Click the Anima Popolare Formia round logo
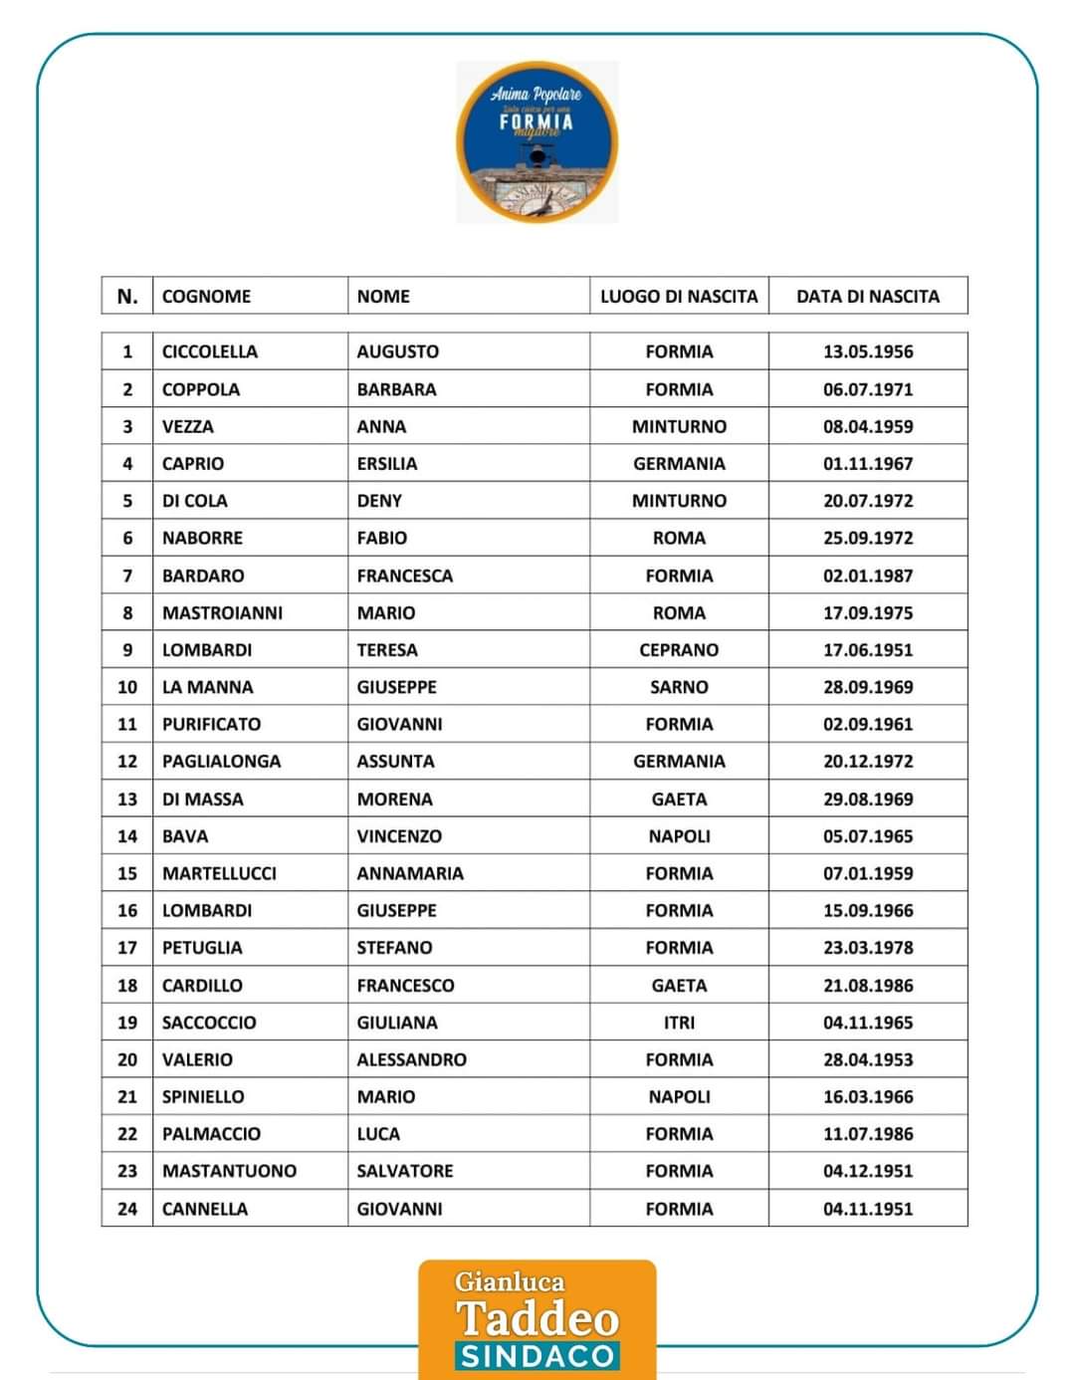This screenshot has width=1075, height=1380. pos(537,141)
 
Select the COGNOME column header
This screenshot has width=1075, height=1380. pos(206,296)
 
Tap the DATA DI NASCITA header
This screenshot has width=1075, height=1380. pos(867,296)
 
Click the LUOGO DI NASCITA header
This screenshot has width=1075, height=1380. pos(679,296)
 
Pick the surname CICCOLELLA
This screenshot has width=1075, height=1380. pos(209,351)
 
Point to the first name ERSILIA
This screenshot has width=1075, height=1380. pos(387,463)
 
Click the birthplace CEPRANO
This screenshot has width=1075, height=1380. pos(679,649)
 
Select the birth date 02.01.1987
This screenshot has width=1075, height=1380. pos(867,575)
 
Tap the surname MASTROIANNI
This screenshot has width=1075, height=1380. pos(222,612)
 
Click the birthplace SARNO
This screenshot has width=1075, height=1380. pos(679,687)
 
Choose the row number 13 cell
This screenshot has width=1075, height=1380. pos(127,799)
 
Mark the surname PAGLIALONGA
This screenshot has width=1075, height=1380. pos(221,761)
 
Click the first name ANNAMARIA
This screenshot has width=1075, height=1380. pos(410,873)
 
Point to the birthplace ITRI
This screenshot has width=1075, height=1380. pos(679,1023)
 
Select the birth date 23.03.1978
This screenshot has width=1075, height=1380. pos(867,947)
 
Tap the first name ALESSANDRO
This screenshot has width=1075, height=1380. pos(411,1059)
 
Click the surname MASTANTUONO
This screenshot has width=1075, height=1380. pos(229,1171)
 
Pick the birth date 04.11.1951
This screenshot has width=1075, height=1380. pos(867,1209)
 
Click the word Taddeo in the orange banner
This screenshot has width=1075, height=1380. pos(537,1318)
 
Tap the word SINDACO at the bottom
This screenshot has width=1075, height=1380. pos(537,1356)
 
